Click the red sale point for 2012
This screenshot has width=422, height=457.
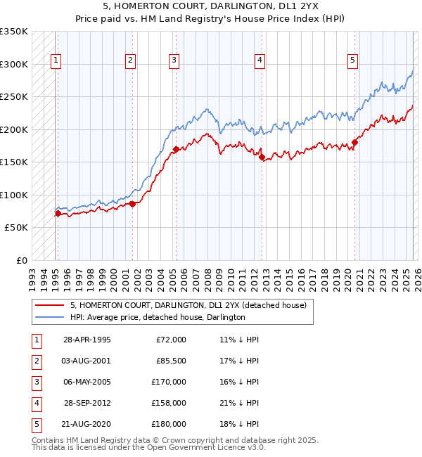[x=262, y=157]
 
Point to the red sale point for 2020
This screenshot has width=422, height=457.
[x=354, y=143]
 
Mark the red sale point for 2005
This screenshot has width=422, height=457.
[x=176, y=149]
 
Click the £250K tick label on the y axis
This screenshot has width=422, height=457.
[x=14, y=97]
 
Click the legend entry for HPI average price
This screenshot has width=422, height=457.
[x=157, y=318]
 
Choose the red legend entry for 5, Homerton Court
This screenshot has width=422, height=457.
[x=188, y=306]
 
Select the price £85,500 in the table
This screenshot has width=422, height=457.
[x=170, y=361]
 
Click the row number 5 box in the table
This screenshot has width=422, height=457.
[x=35, y=424]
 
